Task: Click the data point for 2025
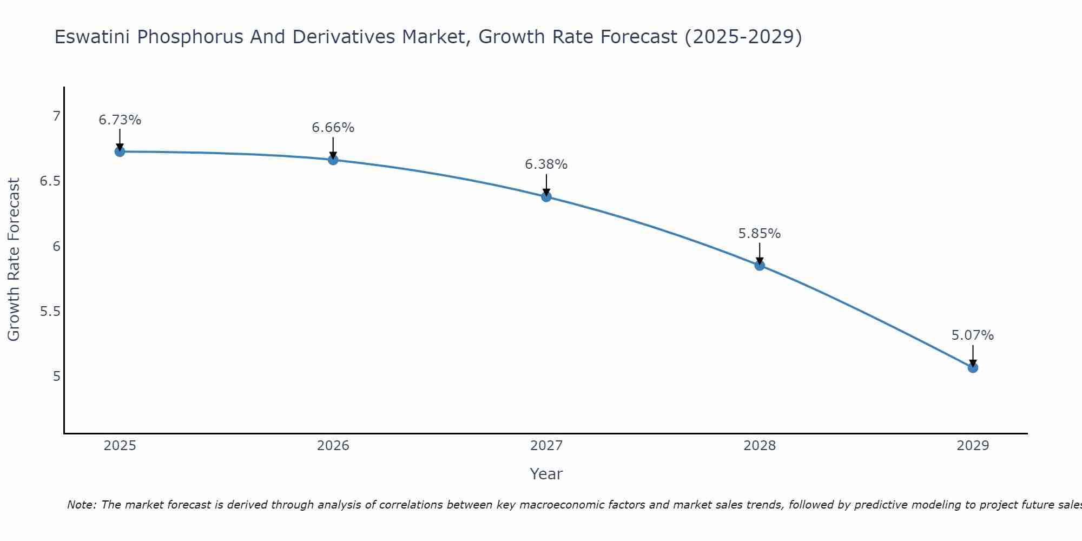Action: coord(120,151)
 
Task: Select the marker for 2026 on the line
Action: coord(333,160)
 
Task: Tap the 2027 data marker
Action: coord(546,196)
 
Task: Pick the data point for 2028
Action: coord(760,265)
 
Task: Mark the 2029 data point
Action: coord(973,367)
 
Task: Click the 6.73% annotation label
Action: coord(120,120)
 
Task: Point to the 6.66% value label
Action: coord(333,128)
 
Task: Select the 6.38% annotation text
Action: coord(546,164)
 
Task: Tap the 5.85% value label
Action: coord(759,234)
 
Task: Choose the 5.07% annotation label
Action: coord(972,335)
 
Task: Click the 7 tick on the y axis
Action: coord(56,116)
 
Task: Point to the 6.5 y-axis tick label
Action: coord(50,181)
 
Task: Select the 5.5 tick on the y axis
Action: coord(50,312)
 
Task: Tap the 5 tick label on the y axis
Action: coord(56,377)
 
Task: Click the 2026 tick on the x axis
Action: coord(333,446)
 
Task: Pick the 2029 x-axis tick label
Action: coord(972,446)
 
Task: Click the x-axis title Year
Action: coord(546,474)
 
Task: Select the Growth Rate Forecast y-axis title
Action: coord(14,260)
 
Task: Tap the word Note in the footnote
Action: coord(81,505)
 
